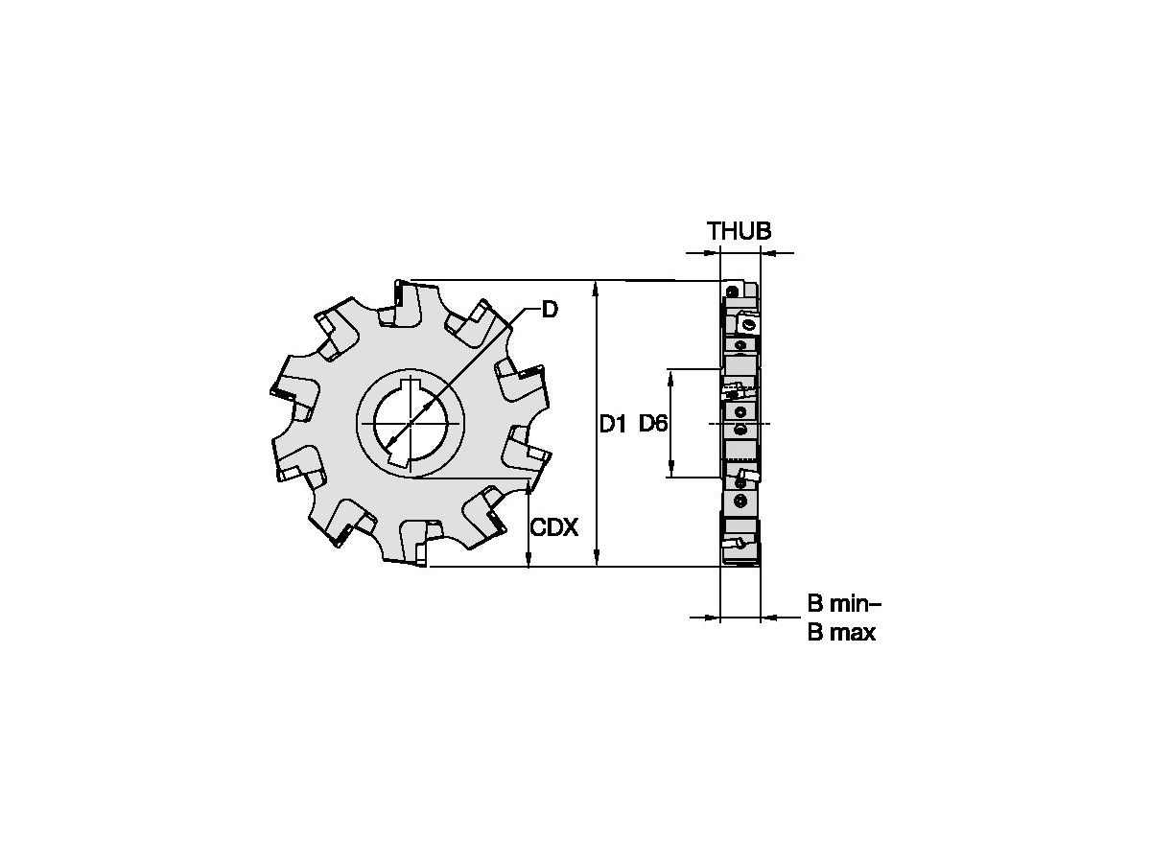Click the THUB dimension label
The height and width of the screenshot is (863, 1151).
click(x=739, y=231)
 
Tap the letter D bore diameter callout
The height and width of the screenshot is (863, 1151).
click(x=550, y=309)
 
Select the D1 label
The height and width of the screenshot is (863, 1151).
click(x=613, y=423)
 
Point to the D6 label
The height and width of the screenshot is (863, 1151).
click(x=653, y=423)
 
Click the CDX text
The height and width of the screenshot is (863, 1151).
click(x=554, y=528)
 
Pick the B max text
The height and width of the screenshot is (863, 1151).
click(x=841, y=633)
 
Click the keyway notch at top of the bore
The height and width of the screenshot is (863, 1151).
click(x=411, y=386)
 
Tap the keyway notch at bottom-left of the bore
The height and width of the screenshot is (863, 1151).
click(x=395, y=463)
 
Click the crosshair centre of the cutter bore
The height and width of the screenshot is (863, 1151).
click(x=411, y=424)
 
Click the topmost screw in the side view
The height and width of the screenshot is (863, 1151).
click(x=732, y=291)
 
